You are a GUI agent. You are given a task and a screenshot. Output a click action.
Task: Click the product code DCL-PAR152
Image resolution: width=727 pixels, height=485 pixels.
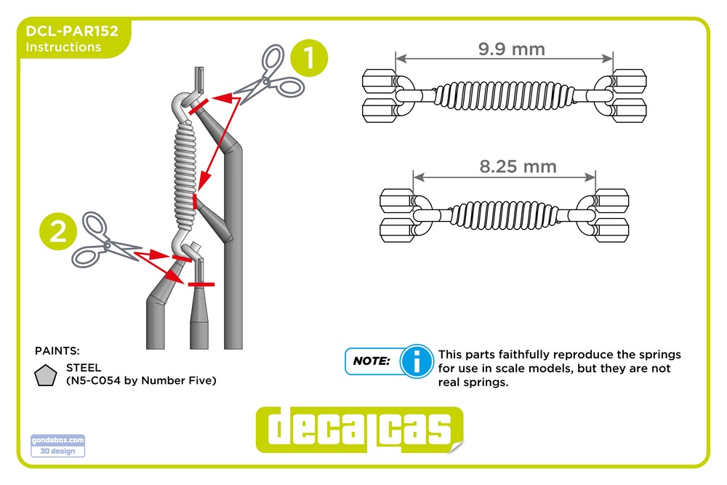72,31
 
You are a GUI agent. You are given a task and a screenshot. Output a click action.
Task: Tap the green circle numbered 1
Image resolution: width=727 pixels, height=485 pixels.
309,58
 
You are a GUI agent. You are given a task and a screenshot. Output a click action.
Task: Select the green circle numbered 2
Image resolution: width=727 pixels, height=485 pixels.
58,231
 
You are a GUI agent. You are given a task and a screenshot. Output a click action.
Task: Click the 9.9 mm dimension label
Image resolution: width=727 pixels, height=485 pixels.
511,49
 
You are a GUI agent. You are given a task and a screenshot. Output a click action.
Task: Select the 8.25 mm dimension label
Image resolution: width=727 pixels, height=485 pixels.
518,167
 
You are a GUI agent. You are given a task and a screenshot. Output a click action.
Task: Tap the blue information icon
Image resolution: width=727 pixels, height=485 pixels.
417,361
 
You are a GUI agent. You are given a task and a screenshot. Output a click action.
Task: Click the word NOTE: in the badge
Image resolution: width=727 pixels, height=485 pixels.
371,361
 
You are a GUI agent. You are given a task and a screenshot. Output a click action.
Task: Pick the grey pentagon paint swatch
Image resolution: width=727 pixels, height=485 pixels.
45,376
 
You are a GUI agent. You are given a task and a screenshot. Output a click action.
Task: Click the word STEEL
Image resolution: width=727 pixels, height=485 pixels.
84,368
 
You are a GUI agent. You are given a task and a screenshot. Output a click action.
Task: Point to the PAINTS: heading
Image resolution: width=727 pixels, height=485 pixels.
57,351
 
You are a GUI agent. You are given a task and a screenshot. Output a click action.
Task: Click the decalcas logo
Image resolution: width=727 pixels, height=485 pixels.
359,430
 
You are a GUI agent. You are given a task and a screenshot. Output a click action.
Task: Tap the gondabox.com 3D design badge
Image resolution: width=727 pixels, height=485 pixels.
58,446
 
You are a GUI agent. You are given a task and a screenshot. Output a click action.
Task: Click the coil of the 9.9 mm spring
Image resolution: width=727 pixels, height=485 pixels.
503,96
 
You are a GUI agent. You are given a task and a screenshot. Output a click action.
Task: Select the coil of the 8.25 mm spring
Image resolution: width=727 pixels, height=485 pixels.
504,215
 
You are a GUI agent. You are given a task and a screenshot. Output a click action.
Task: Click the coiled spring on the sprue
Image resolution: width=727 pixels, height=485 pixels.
186,176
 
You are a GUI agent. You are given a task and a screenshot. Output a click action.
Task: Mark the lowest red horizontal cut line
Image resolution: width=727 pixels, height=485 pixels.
201,284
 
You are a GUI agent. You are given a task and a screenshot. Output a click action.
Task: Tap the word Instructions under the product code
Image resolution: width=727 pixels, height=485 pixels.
63,47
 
